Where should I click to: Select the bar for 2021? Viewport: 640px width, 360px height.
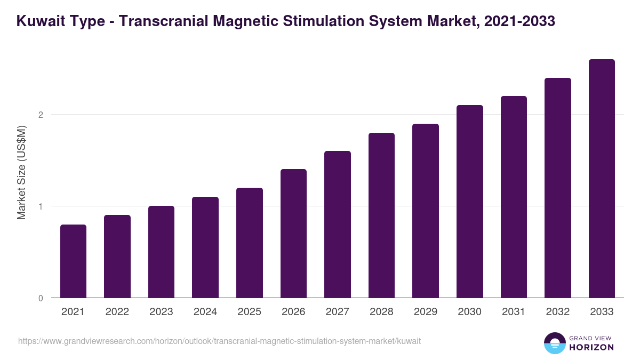[x=73, y=261]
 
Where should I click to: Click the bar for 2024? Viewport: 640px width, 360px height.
[x=205, y=247]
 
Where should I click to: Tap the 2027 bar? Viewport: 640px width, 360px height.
[x=338, y=225]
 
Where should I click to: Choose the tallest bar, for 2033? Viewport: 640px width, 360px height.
[x=602, y=179]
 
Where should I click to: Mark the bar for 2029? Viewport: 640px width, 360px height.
[x=426, y=211]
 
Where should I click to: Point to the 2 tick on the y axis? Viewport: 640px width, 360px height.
[x=41, y=115]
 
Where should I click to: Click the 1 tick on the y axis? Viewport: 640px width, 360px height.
[x=41, y=206]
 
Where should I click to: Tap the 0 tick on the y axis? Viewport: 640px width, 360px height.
[x=41, y=298]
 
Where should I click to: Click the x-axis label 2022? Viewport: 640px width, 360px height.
[x=117, y=312]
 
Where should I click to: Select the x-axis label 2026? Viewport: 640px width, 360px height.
[x=293, y=312]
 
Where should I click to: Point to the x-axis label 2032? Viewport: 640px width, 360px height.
[x=558, y=312]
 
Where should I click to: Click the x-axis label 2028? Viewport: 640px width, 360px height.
[x=381, y=312]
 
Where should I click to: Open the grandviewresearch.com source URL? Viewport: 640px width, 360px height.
[x=219, y=341]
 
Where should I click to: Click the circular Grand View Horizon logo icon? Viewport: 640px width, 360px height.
[x=554, y=343]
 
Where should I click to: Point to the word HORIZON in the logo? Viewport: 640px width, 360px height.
[x=590, y=347]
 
